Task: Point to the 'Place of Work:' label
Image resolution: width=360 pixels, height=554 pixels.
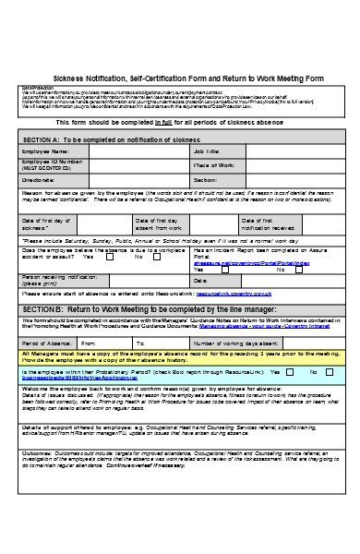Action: click(212, 165)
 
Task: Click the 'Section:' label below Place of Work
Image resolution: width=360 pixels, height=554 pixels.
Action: click(205, 180)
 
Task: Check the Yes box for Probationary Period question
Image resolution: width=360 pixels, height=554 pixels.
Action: click(290, 371)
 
